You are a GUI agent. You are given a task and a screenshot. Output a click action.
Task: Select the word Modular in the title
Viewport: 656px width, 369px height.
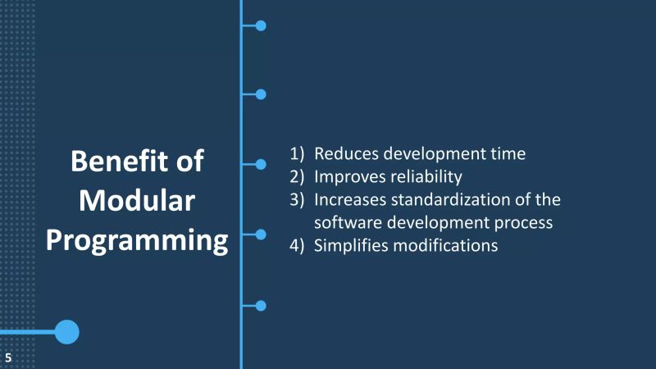point(137,201)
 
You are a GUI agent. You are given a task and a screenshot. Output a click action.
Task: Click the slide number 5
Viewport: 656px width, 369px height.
point(8,357)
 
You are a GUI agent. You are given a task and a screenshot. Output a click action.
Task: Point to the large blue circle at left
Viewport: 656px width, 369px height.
point(66,332)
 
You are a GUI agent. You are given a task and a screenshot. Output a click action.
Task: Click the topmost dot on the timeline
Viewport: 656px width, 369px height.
point(261,25)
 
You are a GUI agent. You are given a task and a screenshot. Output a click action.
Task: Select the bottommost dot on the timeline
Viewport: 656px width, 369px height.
point(261,306)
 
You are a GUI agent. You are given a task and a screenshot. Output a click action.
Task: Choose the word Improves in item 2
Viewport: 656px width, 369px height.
point(348,176)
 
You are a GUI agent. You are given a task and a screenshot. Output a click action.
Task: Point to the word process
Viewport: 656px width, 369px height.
point(524,222)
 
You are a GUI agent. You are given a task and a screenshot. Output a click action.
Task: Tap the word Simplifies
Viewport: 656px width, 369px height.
point(352,245)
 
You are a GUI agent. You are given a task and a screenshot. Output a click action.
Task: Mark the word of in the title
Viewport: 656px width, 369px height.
point(187,161)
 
